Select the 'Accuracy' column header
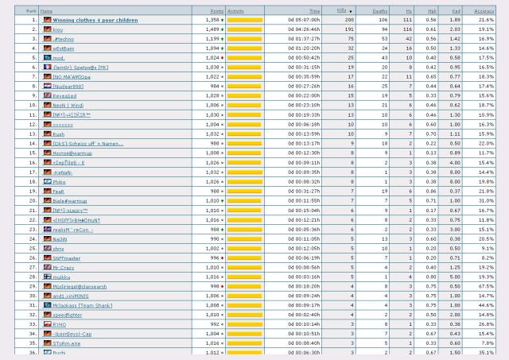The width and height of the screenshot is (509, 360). point(484,10)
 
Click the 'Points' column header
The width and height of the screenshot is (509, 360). point(212,10)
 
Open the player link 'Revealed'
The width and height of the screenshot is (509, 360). point(64,95)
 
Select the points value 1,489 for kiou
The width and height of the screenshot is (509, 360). point(212,29)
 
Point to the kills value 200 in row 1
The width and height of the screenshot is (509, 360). point(348,19)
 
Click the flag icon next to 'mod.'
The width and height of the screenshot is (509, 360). point(48,57)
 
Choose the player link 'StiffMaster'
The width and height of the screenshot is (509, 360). point(66,257)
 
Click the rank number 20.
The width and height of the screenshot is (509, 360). point(34,200)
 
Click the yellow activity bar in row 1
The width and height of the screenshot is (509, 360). point(245,19)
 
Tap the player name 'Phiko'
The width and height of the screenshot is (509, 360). point(60,181)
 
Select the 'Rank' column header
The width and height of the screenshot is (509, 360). point(31,10)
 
